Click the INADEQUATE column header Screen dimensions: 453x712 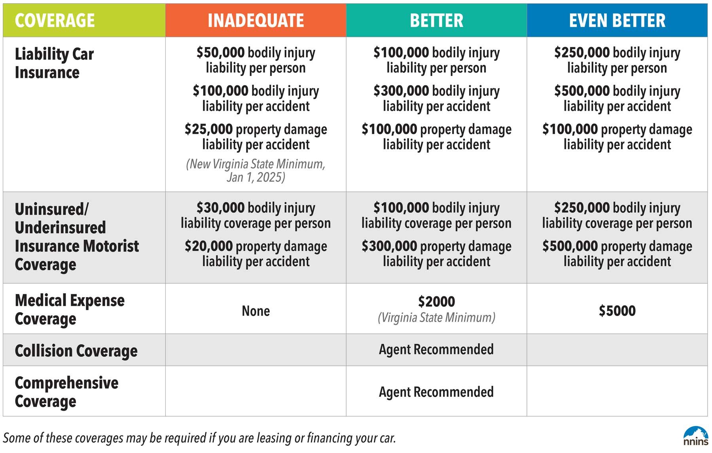[256, 21]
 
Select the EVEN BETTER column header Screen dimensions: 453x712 [617, 21]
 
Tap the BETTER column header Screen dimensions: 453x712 [436, 21]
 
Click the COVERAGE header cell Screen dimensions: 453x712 [55, 21]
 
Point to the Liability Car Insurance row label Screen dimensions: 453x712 [54, 63]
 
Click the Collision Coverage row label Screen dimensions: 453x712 [76, 351]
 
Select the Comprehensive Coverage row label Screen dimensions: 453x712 [66, 392]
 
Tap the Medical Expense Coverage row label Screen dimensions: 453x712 [70, 309]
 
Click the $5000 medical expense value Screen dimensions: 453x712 [617, 311]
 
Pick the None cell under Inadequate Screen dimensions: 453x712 [256, 311]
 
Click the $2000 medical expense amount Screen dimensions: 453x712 [436, 302]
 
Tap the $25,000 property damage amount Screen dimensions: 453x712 [209, 129]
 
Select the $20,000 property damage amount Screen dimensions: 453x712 [209, 246]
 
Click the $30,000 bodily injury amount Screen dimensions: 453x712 [220, 208]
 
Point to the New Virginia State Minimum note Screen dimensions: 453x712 [256, 171]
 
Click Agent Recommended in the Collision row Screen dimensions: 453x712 [436, 350]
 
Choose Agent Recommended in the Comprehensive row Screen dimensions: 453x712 [436, 392]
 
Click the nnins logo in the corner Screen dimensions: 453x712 [695, 437]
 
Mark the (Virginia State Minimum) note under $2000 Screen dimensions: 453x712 [436, 318]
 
